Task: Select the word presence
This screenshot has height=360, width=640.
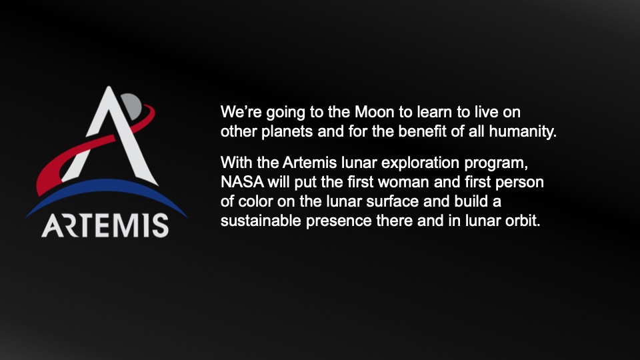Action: click(339, 221)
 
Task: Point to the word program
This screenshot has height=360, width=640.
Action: click(496, 163)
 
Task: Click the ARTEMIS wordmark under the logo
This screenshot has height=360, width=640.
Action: click(105, 225)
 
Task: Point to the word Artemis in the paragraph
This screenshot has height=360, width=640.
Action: click(309, 163)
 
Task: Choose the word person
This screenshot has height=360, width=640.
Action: click(519, 183)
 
